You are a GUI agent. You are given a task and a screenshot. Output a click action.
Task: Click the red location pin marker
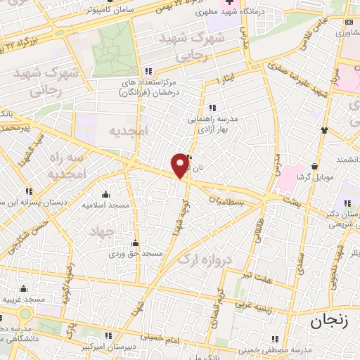(x=180, y=165)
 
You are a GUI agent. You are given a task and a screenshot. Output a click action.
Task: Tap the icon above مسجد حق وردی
(x=135, y=243)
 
